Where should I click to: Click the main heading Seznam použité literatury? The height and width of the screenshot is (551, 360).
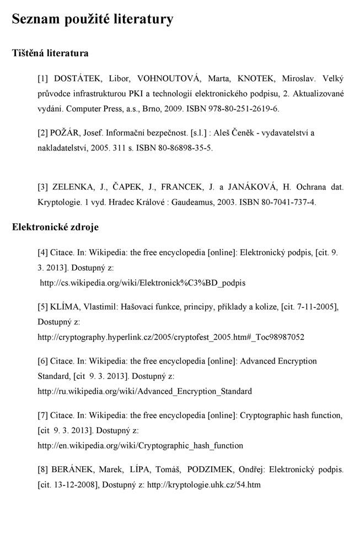click(x=93, y=20)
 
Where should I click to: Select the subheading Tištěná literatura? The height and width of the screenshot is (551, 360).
click(x=50, y=54)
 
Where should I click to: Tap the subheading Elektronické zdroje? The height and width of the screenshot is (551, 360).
click(x=55, y=226)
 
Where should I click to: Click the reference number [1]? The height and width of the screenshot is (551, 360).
click(x=42, y=79)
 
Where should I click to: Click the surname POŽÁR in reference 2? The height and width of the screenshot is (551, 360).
click(x=66, y=133)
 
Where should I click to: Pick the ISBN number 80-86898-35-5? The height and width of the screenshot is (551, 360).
click(x=180, y=148)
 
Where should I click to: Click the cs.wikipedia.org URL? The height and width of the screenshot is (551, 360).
click(x=143, y=283)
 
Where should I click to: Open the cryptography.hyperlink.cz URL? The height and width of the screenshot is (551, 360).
click(x=171, y=337)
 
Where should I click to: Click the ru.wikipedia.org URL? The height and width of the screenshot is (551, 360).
click(x=144, y=391)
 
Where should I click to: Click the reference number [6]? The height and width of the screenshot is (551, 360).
click(x=42, y=361)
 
